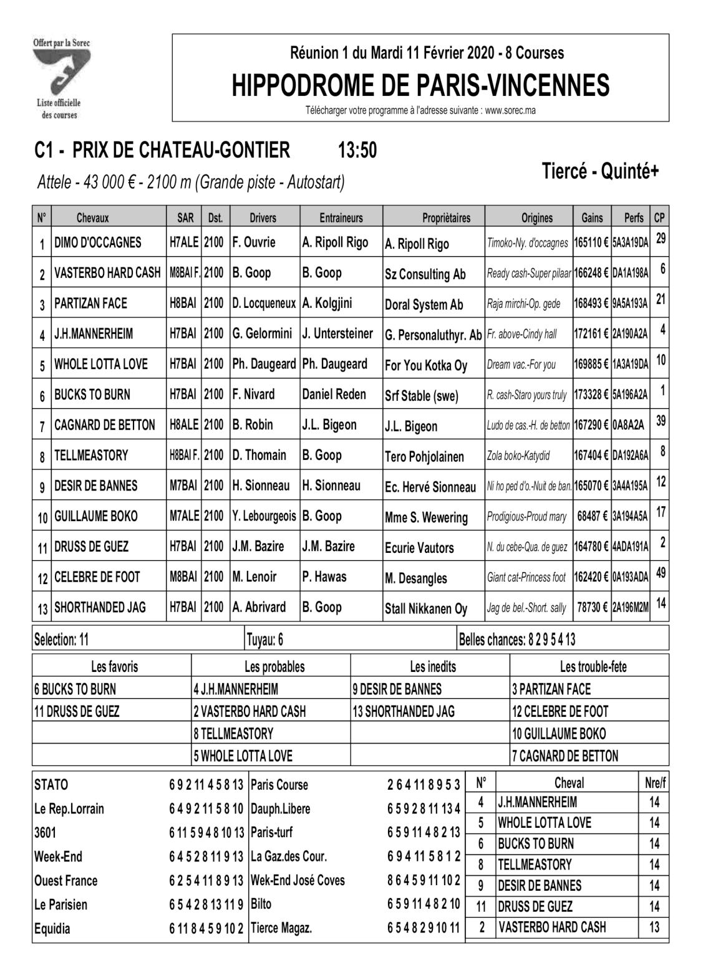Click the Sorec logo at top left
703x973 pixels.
(61, 77)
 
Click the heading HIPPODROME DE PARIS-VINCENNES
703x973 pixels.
(420, 85)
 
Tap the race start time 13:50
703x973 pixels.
(357, 151)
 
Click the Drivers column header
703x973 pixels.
(263, 218)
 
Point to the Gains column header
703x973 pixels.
(591, 218)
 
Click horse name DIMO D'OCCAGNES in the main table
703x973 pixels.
(98, 242)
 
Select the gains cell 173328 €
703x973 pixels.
(591, 395)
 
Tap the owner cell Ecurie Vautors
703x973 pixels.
(419, 548)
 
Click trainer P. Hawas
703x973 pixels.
(324, 577)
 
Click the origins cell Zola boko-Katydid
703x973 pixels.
(518, 456)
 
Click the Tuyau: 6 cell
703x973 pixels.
(265, 639)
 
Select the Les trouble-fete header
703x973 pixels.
(593, 666)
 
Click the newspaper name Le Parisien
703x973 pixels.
(61, 904)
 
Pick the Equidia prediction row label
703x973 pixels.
(52, 929)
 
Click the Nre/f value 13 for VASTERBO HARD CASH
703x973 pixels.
(654, 927)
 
